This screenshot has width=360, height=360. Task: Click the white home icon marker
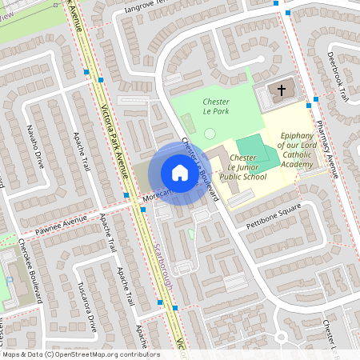(179, 173)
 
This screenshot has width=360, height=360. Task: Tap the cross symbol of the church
(281, 90)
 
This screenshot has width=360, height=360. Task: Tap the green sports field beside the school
(258, 150)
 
